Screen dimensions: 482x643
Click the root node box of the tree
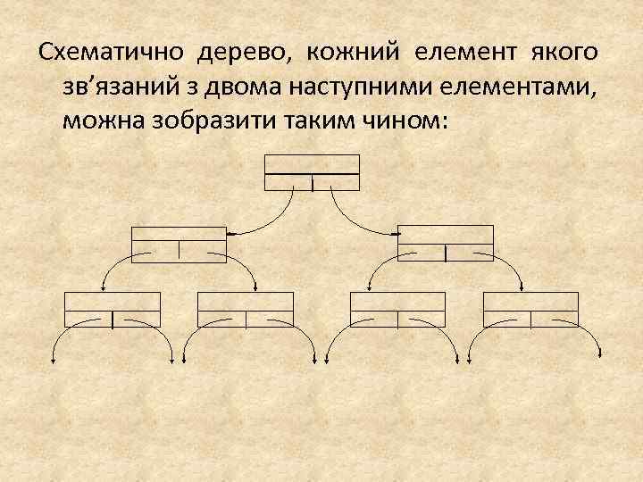coord(313,172)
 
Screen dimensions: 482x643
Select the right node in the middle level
coord(446,243)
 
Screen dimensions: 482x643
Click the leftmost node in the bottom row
coord(113,309)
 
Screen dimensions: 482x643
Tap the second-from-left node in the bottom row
coord(245,309)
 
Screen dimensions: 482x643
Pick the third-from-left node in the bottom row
coord(398,309)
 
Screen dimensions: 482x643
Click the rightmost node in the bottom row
coord(530,309)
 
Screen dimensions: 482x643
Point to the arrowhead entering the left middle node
coord(230,234)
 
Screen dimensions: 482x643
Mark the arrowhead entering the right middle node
coord(396,234)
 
